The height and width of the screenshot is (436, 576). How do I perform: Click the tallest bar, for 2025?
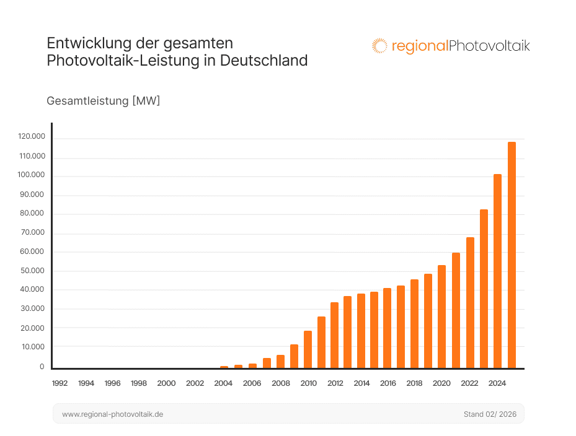tap(512, 255)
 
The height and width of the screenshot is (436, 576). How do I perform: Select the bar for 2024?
tap(497, 271)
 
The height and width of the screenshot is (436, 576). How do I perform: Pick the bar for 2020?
tap(441, 316)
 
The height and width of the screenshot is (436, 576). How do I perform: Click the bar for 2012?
tap(334, 335)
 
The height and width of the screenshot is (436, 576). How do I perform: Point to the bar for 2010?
tap(308, 349)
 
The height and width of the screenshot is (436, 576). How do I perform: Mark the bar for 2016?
tap(387, 328)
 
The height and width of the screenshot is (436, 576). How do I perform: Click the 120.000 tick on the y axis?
tap(32, 137)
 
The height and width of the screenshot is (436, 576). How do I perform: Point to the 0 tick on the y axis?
tap(42, 367)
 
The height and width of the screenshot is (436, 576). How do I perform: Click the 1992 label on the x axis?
tap(60, 383)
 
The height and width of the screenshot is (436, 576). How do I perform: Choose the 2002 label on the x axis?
tap(195, 383)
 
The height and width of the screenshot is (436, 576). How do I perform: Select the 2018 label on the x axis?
tap(414, 383)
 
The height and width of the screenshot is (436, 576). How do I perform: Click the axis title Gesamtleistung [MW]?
tap(104, 101)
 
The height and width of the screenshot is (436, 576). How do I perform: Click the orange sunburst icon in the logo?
tap(379, 46)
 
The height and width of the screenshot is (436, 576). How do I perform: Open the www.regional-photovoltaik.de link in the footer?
tap(113, 414)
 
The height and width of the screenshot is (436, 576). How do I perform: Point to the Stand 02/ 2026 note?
tap(489, 414)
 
